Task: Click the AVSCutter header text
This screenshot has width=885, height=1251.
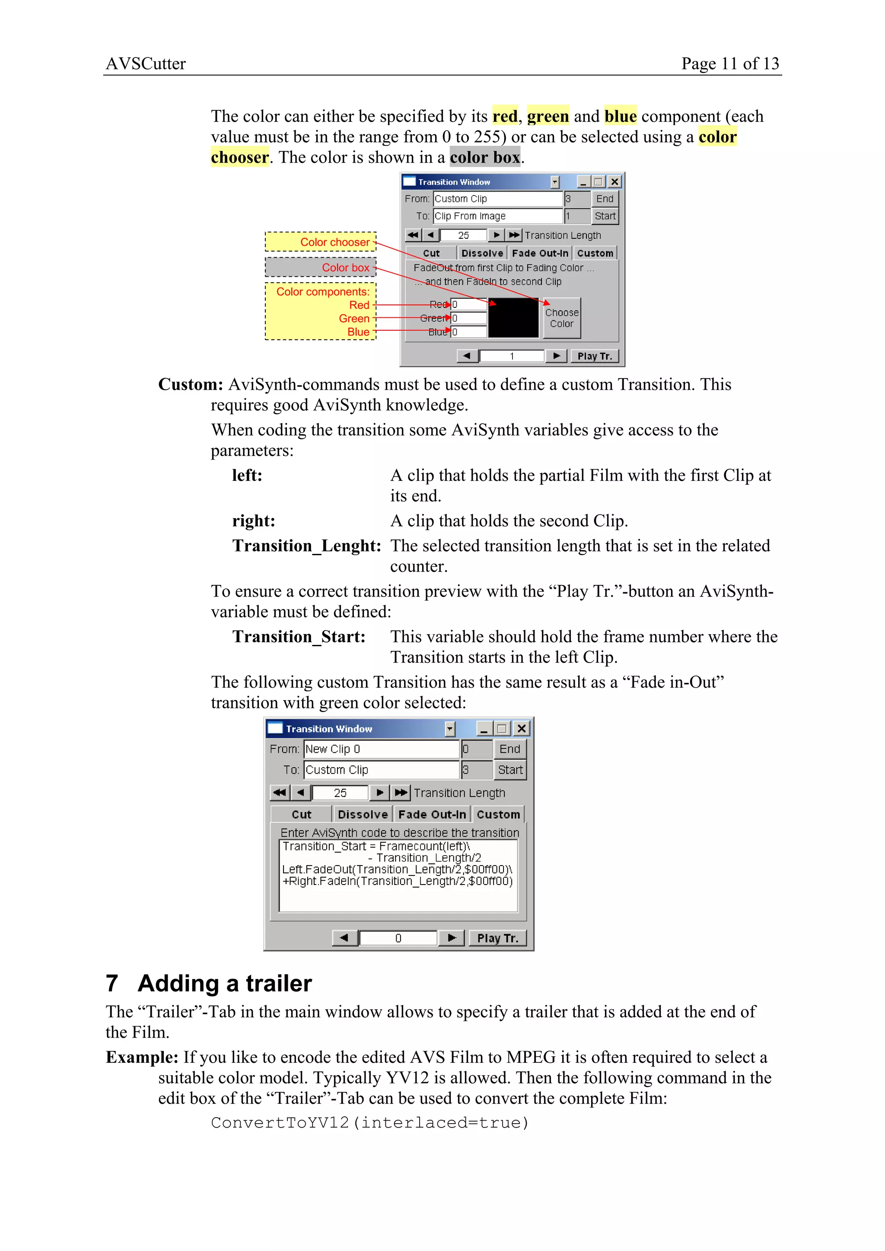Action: pyautogui.click(x=146, y=64)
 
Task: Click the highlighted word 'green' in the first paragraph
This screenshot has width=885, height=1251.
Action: pyautogui.click(x=548, y=116)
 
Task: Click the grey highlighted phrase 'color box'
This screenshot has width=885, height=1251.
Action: pyautogui.click(x=484, y=158)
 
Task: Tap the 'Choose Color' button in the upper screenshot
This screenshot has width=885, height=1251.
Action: pyautogui.click(x=562, y=318)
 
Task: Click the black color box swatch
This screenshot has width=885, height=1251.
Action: pyautogui.click(x=513, y=318)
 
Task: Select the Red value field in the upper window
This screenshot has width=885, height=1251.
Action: pyautogui.click(x=468, y=305)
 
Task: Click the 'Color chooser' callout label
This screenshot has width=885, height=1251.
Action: pyautogui.click(x=334, y=242)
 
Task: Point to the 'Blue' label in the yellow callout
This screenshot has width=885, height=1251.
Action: pyautogui.click(x=358, y=332)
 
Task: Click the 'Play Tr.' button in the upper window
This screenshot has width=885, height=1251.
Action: pyautogui.click(x=594, y=356)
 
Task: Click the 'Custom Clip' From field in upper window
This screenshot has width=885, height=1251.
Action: pyautogui.click(x=497, y=199)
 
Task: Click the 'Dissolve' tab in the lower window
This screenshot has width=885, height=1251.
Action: pyautogui.click(x=363, y=815)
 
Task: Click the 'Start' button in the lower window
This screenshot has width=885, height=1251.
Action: pyautogui.click(x=510, y=770)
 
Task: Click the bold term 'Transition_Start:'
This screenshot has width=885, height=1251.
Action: pyautogui.click(x=299, y=637)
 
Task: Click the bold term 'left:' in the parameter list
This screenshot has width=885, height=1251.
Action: pyautogui.click(x=247, y=476)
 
